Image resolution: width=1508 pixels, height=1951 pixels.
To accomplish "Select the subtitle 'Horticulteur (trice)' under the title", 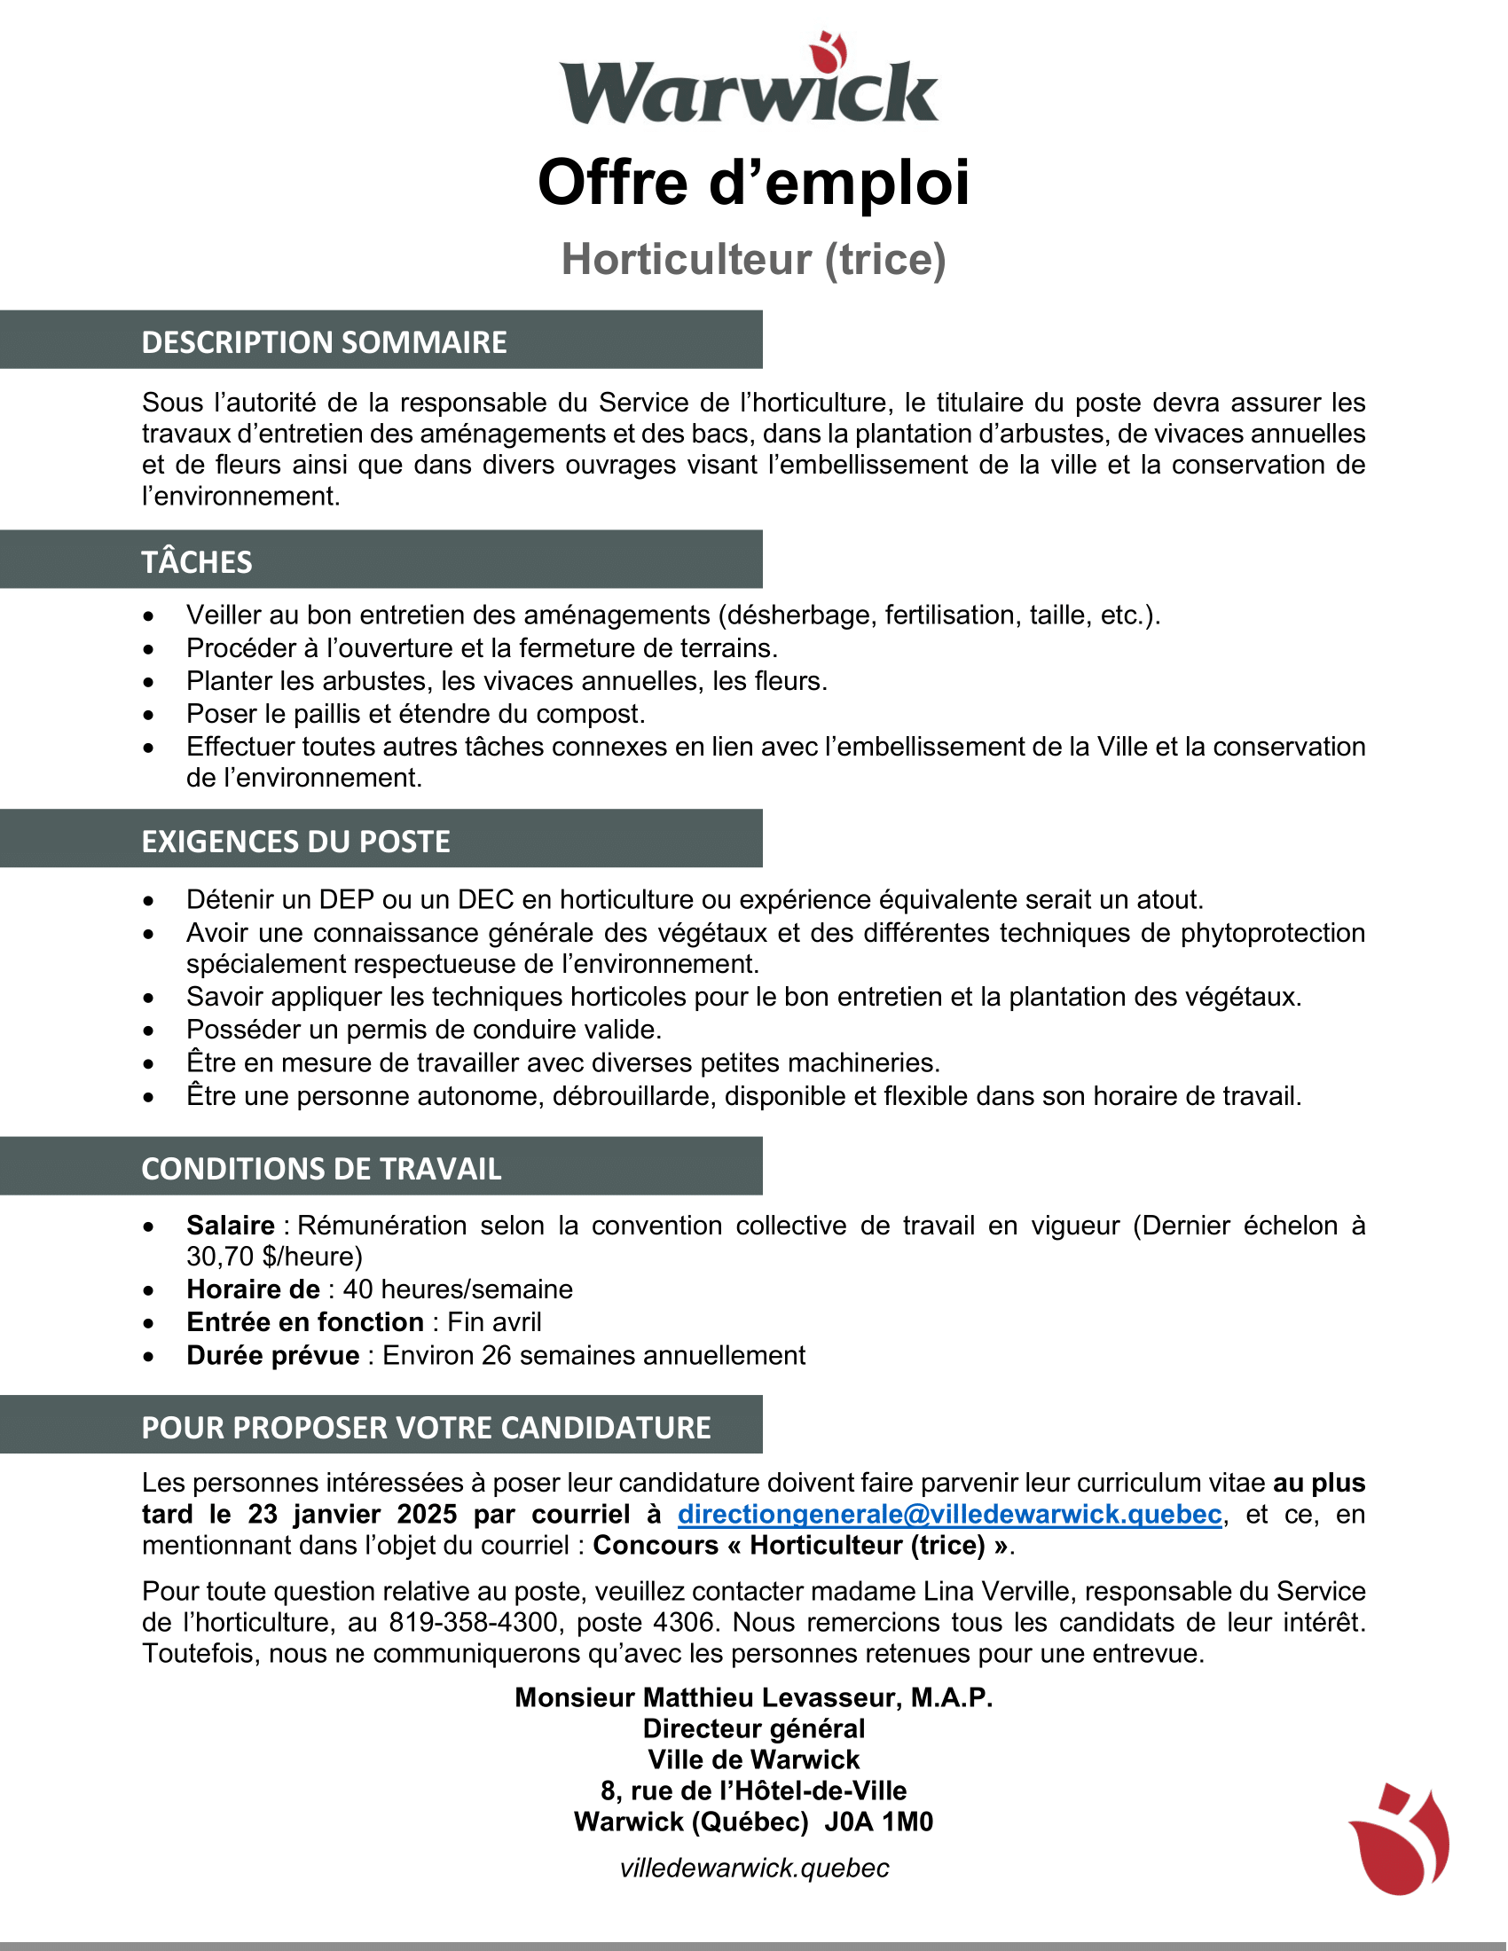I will coord(753,259).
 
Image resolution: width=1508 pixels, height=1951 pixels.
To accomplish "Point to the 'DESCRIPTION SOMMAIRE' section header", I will coord(324,342).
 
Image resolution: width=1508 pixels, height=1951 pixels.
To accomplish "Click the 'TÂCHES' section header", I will coord(197,562).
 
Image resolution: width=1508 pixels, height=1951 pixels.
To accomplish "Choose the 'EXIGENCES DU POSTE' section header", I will coord(295,842).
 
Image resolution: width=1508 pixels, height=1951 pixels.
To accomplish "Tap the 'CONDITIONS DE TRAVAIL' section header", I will coord(321,1169).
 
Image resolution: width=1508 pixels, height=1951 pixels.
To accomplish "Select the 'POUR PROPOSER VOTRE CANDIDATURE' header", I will coord(426,1428).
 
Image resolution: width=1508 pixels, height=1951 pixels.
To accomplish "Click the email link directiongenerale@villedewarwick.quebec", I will coord(950,1514).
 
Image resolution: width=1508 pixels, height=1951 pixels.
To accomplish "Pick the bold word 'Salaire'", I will coord(231,1226).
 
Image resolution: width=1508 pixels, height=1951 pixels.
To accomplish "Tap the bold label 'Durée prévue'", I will coord(272,1356).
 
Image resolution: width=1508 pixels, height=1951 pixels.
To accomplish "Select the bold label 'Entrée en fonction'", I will coord(304,1322).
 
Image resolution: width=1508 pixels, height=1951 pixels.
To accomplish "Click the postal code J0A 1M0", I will coord(878,1822).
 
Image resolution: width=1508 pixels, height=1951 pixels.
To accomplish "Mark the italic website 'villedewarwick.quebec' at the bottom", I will coord(754,1868).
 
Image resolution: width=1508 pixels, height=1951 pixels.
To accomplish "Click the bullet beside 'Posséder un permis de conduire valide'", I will coord(148,1030).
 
